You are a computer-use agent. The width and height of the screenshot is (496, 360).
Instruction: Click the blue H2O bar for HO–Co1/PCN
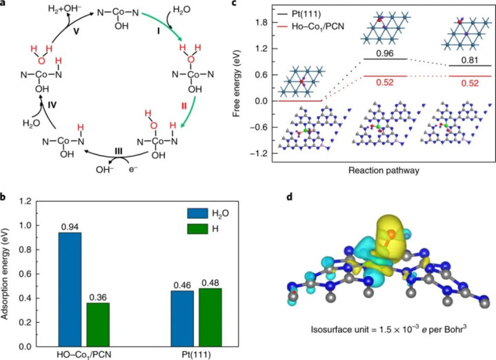click(x=70, y=290)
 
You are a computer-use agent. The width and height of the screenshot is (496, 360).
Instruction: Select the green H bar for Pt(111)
click(x=210, y=317)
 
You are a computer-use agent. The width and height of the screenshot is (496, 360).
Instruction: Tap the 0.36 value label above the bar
click(x=98, y=297)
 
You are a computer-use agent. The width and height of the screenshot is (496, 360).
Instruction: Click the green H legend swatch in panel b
click(x=197, y=229)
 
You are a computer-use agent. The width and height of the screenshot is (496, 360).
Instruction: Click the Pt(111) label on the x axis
click(x=196, y=354)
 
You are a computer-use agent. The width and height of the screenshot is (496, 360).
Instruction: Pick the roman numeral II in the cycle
click(x=184, y=106)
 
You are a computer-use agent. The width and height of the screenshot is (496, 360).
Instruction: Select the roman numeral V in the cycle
click(x=77, y=32)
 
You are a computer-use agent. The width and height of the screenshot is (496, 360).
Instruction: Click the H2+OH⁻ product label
click(x=65, y=8)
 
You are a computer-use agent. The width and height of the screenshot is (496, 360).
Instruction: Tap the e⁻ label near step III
click(x=133, y=169)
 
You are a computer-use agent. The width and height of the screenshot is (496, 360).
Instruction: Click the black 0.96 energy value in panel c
click(x=385, y=53)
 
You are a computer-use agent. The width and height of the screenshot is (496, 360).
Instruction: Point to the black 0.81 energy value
click(x=469, y=60)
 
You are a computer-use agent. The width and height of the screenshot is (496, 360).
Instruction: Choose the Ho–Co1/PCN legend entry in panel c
click(x=310, y=27)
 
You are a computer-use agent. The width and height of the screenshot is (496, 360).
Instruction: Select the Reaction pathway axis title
click(x=384, y=170)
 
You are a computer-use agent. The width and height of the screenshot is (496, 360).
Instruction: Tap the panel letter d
click(x=290, y=197)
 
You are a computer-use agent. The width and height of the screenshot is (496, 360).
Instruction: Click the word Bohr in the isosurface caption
click(x=453, y=330)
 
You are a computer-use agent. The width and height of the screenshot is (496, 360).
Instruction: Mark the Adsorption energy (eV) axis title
click(x=6, y=273)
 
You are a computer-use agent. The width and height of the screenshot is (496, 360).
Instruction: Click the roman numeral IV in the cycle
click(x=52, y=104)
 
